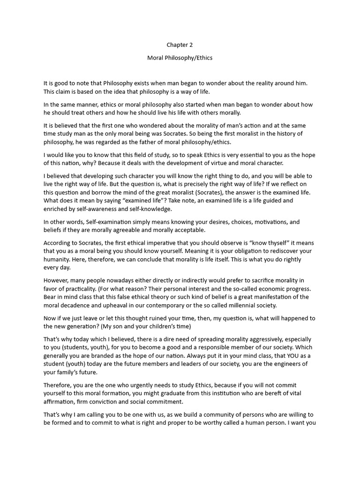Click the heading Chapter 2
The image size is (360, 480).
(180, 45)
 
